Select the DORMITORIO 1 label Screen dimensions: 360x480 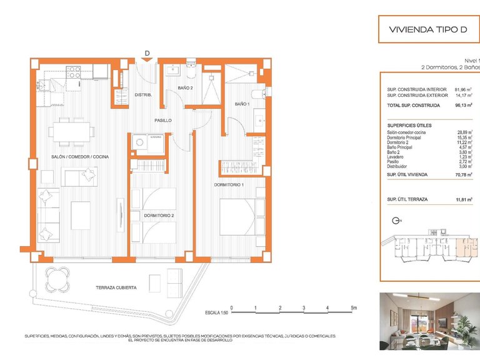229,185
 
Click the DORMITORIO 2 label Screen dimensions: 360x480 159,216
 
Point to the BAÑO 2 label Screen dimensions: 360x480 185,88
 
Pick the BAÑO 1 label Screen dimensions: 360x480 242,104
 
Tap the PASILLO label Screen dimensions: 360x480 164,120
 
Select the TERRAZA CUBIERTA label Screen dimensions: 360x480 116,287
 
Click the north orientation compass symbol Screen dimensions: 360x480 396,220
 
